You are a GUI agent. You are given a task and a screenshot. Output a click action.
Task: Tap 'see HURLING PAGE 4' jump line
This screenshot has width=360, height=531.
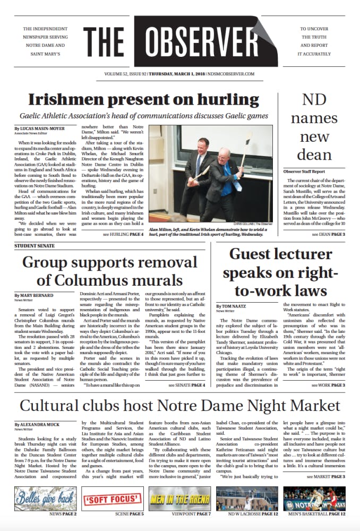(123, 234)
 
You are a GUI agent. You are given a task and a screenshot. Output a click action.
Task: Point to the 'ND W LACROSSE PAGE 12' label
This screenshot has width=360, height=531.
(253, 515)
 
